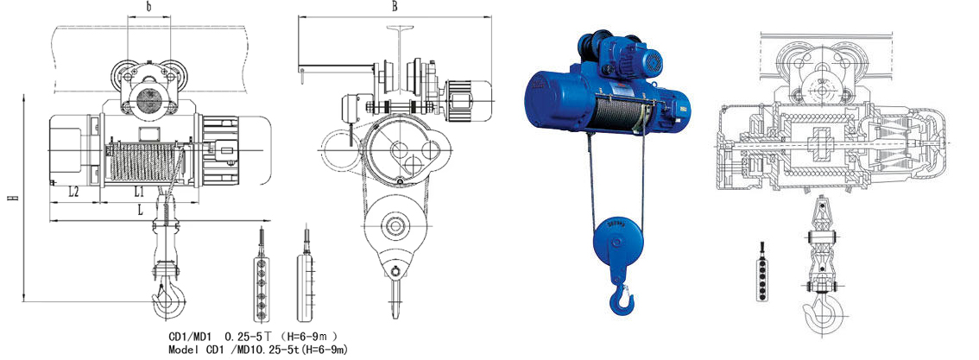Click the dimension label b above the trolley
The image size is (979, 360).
coord(148,9)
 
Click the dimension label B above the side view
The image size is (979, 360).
coord(395,7)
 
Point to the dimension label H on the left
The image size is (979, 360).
coord(15,198)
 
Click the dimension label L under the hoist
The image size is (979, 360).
coord(141,211)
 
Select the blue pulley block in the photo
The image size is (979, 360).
coord(615,244)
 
